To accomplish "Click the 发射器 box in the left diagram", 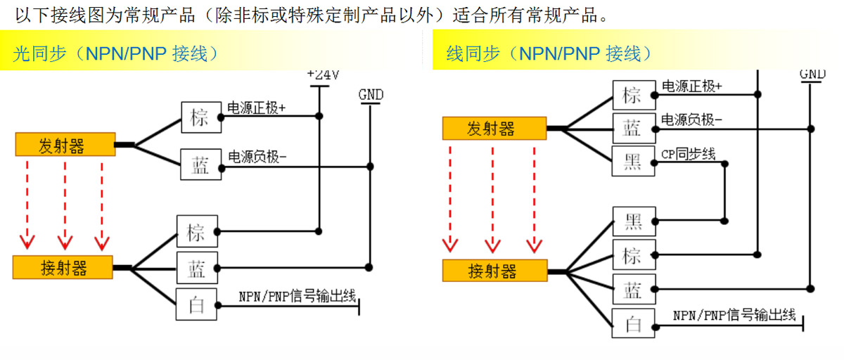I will click(65, 146).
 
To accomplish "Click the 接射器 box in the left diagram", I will click(63, 267).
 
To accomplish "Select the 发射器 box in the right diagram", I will click(494, 129).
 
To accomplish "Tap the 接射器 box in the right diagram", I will click(494, 271).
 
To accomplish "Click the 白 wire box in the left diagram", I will click(198, 304).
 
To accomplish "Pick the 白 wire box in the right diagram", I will click(633, 323).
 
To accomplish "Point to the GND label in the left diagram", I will click(371, 95).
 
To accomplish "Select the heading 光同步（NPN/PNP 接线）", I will click(116, 53).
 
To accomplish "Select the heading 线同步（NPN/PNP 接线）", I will click(549, 53).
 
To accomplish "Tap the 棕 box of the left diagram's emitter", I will click(200, 117).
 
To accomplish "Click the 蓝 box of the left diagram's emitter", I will click(200, 165).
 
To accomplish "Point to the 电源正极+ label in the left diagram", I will click(257, 108).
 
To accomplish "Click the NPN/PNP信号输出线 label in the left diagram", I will click(296, 296).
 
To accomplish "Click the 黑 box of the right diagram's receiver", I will click(633, 222).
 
